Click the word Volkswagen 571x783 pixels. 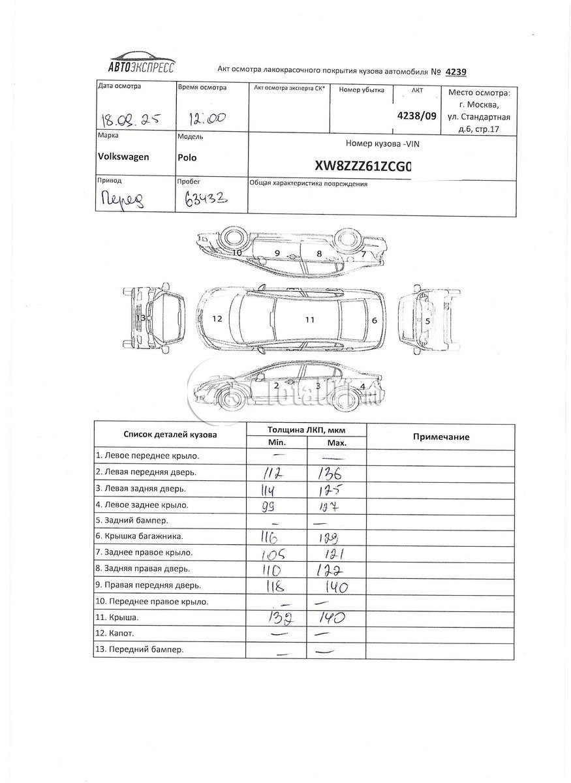[123, 157]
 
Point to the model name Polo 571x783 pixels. [187, 157]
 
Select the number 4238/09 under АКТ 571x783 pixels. [418, 115]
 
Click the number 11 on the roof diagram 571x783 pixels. [310, 320]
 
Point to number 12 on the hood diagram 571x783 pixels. [217, 319]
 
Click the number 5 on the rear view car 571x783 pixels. [427, 321]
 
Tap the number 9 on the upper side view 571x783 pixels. [277, 253]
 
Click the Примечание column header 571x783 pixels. [441, 437]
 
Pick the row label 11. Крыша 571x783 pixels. [117, 617]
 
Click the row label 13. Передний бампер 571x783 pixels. [140, 649]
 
